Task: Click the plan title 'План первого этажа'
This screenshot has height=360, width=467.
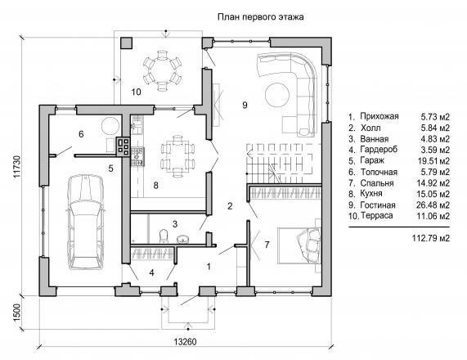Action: tap(261, 16)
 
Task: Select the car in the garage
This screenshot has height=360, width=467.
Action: tap(86, 222)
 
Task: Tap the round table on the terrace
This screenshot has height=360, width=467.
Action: tap(162, 70)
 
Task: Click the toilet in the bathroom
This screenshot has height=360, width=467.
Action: tap(164, 236)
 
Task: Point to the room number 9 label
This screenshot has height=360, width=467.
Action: tap(245, 106)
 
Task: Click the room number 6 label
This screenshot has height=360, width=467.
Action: tap(81, 134)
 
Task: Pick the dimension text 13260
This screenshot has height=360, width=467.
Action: tap(186, 341)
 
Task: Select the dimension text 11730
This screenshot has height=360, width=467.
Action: tap(17, 167)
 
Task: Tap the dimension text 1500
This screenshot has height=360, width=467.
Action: tap(17, 313)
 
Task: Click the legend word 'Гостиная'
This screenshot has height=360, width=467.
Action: tap(378, 205)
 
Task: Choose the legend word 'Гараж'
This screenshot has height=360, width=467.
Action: tap(372, 160)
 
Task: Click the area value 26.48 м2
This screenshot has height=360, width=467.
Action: tap(433, 205)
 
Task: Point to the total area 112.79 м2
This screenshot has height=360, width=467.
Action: tap(431, 238)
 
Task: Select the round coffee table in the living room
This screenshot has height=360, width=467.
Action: tap(276, 94)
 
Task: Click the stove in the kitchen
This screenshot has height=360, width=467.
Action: tap(137, 156)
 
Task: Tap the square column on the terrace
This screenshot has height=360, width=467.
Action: tap(127, 43)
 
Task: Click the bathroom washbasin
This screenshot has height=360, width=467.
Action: tap(182, 239)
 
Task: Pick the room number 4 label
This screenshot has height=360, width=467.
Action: tap(152, 272)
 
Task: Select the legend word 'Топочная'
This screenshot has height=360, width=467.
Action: tap(379, 172)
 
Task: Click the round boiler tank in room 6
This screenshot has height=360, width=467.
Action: tap(110, 126)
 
